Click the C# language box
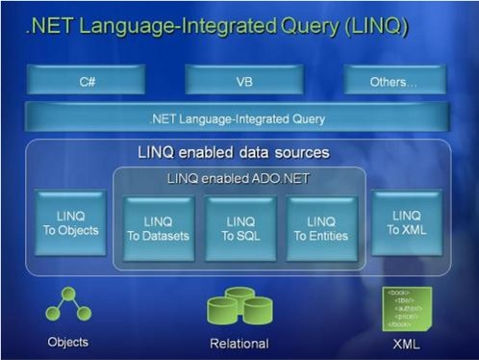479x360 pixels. pos(86,81)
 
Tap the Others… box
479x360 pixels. pos(393,81)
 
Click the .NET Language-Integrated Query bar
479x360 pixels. pos(238,118)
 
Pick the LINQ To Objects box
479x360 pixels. pos(70,222)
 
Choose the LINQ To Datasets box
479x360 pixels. pos(159,228)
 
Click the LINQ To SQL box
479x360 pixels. pos(239,228)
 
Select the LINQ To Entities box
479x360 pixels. pos(321,228)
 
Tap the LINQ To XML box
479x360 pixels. pos(407,222)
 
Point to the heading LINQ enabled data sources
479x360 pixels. pos(234,153)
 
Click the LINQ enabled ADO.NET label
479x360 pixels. pos(239,179)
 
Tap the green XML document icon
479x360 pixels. pos(407,306)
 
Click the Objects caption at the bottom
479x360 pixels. pos(67,341)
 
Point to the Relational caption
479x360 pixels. pos(239,343)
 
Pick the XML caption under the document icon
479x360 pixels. pos(408,342)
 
